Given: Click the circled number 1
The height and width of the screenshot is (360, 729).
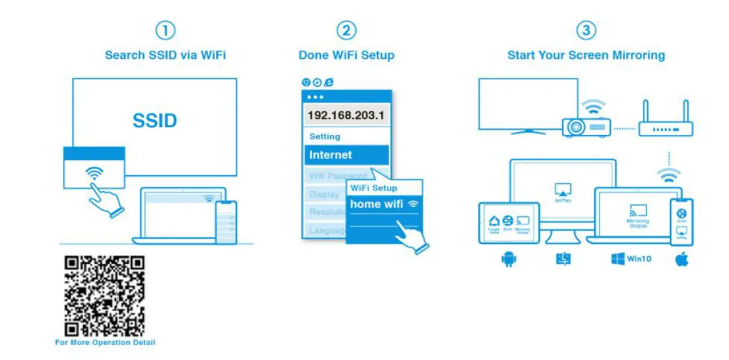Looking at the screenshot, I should click(x=165, y=31).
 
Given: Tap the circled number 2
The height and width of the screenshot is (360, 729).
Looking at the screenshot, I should click(x=346, y=31).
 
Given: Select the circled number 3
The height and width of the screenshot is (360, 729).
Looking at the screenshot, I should click(x=585, y=31).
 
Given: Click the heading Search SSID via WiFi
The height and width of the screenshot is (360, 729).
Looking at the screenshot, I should click(x=165, y=55).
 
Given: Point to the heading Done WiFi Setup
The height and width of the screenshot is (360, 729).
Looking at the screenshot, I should click(x=346, y=55).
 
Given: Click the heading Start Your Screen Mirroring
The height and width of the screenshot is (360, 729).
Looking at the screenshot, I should click(x=586, y=55).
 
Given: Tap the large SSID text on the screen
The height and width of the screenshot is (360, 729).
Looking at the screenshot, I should click(x=154, y=121).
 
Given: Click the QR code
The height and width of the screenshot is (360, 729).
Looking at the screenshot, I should click(x=105, y=296).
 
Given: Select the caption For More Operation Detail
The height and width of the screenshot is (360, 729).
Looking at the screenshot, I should click(x=105, y=342).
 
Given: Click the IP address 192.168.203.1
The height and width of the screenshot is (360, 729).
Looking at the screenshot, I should click(x=347, y=116).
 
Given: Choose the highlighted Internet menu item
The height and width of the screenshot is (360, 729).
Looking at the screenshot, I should click(x=346, y=155).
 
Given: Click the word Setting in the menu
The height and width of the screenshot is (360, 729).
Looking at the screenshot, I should click(x=325, y=136).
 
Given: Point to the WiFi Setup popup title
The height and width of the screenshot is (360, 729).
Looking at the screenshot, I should click(x=374, y=187).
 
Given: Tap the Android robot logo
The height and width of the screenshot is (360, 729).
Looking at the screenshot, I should click(x=508, y=259).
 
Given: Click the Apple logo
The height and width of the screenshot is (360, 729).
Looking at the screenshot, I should click(x=681, y=259).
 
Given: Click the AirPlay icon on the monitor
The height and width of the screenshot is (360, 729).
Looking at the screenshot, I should click(x=562, y=190).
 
